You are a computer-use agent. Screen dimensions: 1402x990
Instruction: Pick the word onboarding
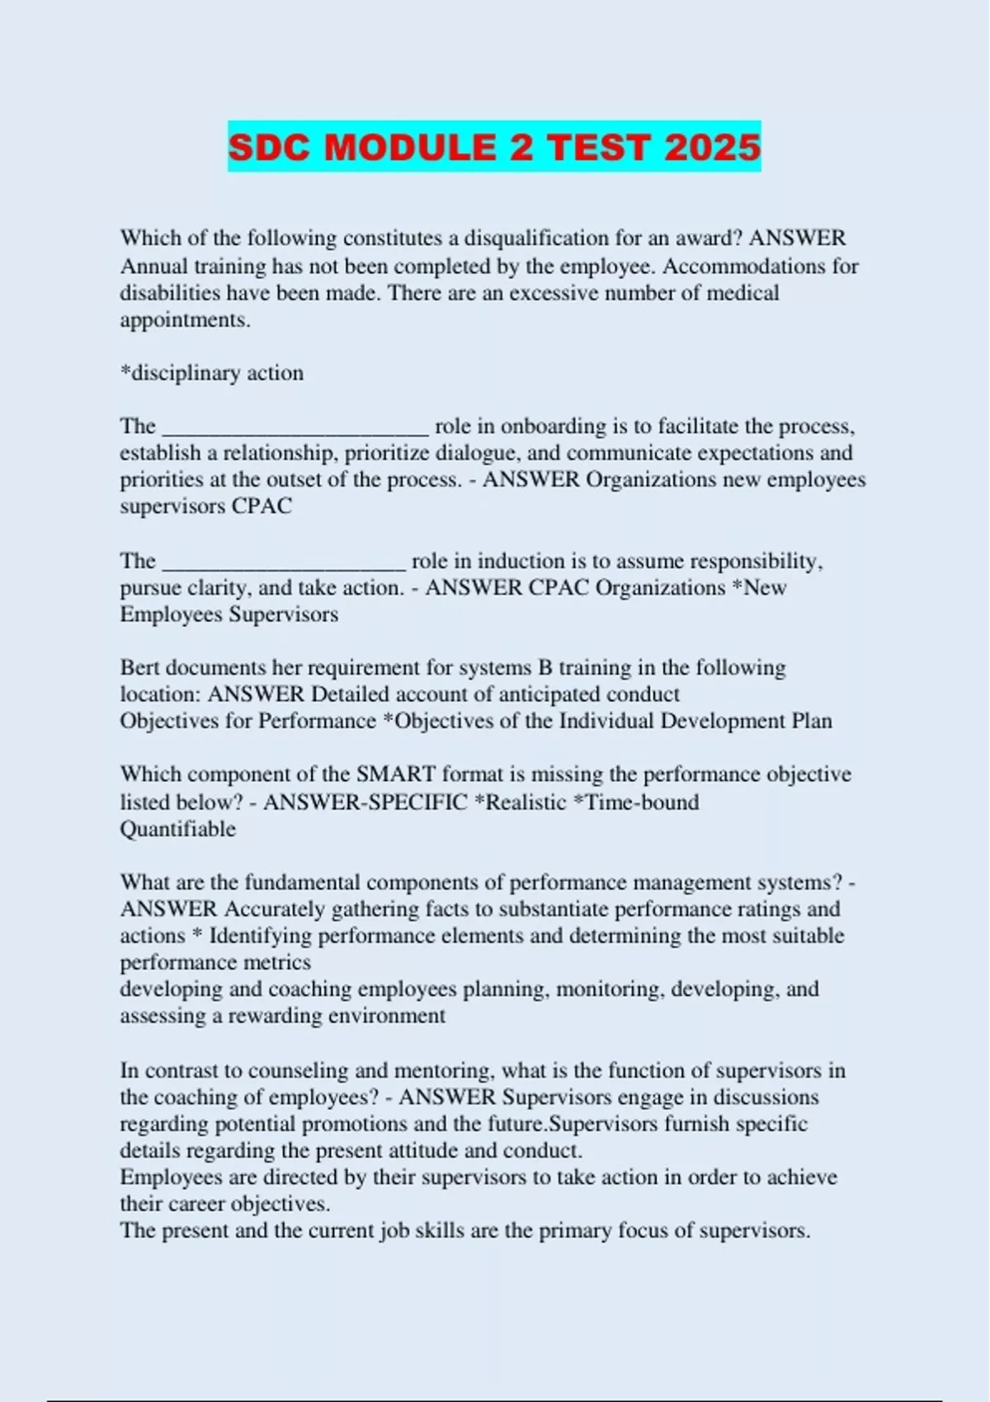point(554,426)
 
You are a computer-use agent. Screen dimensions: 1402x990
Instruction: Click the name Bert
point(139,667)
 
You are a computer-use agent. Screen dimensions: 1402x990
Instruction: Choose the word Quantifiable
point(177,829)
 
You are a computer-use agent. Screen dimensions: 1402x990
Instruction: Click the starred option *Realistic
point(521,802)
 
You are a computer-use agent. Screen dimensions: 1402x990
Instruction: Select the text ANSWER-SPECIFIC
point(365,802)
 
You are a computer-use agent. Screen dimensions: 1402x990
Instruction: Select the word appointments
point(185,320)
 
